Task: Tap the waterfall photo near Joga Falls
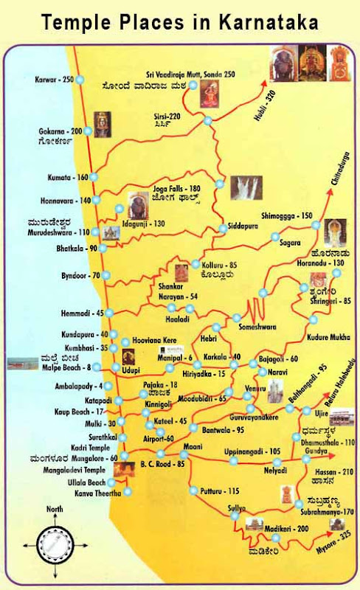point(246,188)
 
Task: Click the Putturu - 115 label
point(224,490)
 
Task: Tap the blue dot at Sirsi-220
point(208,121)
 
